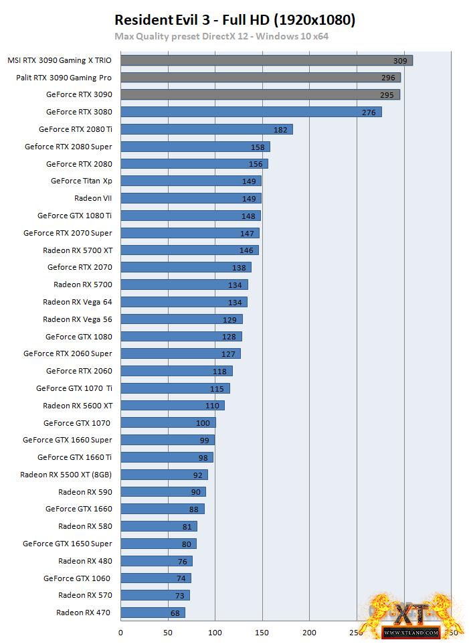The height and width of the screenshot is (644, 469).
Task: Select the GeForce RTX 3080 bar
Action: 251,112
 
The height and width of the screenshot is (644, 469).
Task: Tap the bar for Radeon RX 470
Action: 153,613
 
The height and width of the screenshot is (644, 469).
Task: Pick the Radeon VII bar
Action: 191,198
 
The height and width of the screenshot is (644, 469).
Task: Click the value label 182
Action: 281,129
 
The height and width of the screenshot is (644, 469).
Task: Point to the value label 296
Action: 388,78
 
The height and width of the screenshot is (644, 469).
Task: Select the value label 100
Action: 203,423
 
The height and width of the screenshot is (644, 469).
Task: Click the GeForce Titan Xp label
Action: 81,181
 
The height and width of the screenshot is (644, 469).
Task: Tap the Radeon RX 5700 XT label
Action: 77,250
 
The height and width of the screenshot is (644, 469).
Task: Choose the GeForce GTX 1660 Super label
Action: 67,440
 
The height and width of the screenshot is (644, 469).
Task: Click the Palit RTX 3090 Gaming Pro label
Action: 64,78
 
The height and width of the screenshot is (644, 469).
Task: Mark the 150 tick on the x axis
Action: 262,632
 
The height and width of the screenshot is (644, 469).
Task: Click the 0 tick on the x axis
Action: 121,632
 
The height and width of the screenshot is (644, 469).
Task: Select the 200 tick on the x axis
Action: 309,632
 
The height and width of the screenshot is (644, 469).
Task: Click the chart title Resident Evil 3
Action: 234,20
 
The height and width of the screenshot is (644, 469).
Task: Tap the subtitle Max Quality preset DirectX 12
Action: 221,36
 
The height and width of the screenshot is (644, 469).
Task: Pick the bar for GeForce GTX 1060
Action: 156,578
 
